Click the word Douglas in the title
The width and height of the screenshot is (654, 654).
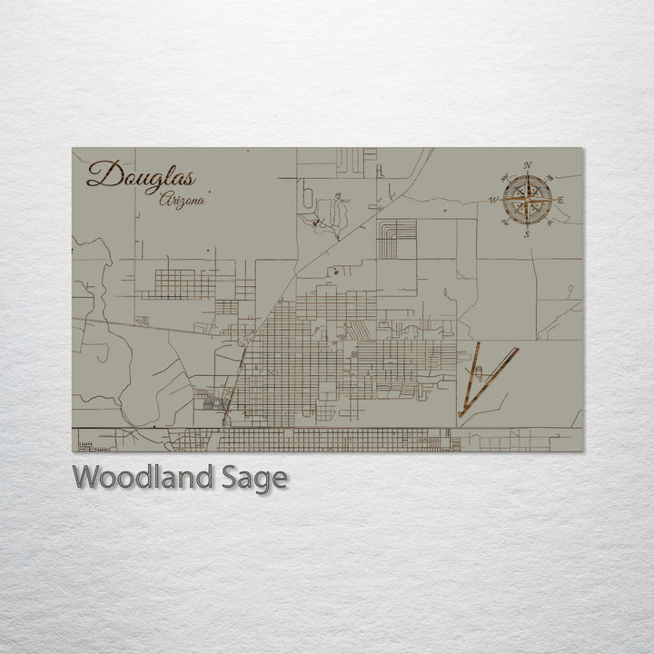click(140, 174)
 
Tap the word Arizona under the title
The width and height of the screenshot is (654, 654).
click(181, 200)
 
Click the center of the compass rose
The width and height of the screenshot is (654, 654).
click(527, 199)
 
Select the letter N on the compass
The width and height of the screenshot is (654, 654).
click(528, 165)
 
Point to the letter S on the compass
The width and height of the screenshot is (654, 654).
click(527, 233)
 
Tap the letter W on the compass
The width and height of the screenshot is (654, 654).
click(494, 200)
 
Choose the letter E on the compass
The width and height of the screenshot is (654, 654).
click(560, 200)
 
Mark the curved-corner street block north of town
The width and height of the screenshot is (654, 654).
click(397, 238)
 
